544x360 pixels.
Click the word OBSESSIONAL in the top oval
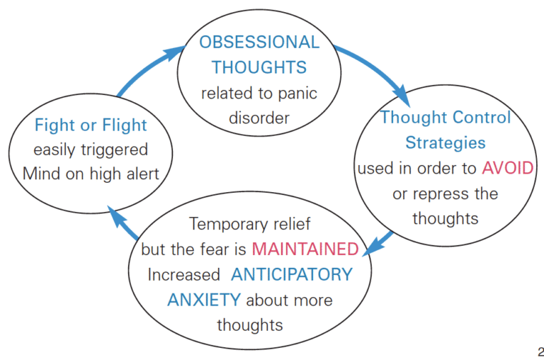click(259, 43)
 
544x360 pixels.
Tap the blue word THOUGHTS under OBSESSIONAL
click(259, 68)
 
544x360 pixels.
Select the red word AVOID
click(508, 168)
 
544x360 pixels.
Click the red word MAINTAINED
click(305, 249)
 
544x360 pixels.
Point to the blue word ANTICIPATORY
click(291, 274)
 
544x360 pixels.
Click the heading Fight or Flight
click(91, 125)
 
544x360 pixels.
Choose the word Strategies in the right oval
click(446, 142)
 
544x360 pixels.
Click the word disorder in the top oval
click(259, 118)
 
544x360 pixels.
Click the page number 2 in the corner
click(540, 351)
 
